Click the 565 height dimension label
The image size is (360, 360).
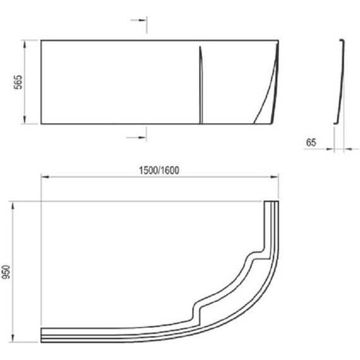18,82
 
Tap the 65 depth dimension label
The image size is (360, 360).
311,143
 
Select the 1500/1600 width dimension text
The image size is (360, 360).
159,171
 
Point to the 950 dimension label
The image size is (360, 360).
6,272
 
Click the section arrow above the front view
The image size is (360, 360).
138,20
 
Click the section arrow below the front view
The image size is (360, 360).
136,138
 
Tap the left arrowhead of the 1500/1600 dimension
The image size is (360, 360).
45,177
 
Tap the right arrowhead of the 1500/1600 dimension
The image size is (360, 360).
275,177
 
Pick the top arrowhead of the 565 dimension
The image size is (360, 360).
25,44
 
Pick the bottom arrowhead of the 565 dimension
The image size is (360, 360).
25,120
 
